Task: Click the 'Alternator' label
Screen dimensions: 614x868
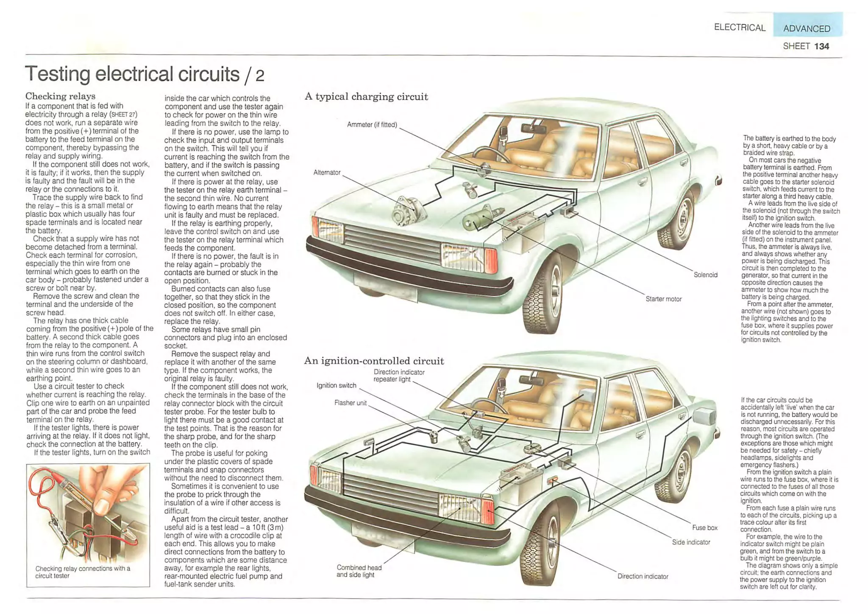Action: [327, 173]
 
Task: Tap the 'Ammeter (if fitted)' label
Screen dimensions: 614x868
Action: [372, 125]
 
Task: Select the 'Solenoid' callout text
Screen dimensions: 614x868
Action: [705, 275]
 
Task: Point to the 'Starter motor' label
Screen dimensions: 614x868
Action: [663, 299]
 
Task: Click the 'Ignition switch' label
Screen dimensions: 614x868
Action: [337, 386]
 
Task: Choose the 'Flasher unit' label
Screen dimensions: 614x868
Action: [350, 403]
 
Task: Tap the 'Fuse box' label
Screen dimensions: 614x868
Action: [705, 528]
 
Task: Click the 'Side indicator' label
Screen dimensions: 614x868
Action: [691, 542]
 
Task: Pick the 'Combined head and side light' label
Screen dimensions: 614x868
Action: [359, 571]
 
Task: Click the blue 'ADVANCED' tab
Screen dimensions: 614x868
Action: [807, 28]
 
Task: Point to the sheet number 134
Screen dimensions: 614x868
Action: [822, 46]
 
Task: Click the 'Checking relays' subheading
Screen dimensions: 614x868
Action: [60, 96]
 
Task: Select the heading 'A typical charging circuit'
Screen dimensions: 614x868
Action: [366, 97]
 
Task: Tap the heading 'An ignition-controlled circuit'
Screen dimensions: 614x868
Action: [374, 361]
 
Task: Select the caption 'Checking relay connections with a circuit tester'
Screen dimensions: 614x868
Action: [83, 572]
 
